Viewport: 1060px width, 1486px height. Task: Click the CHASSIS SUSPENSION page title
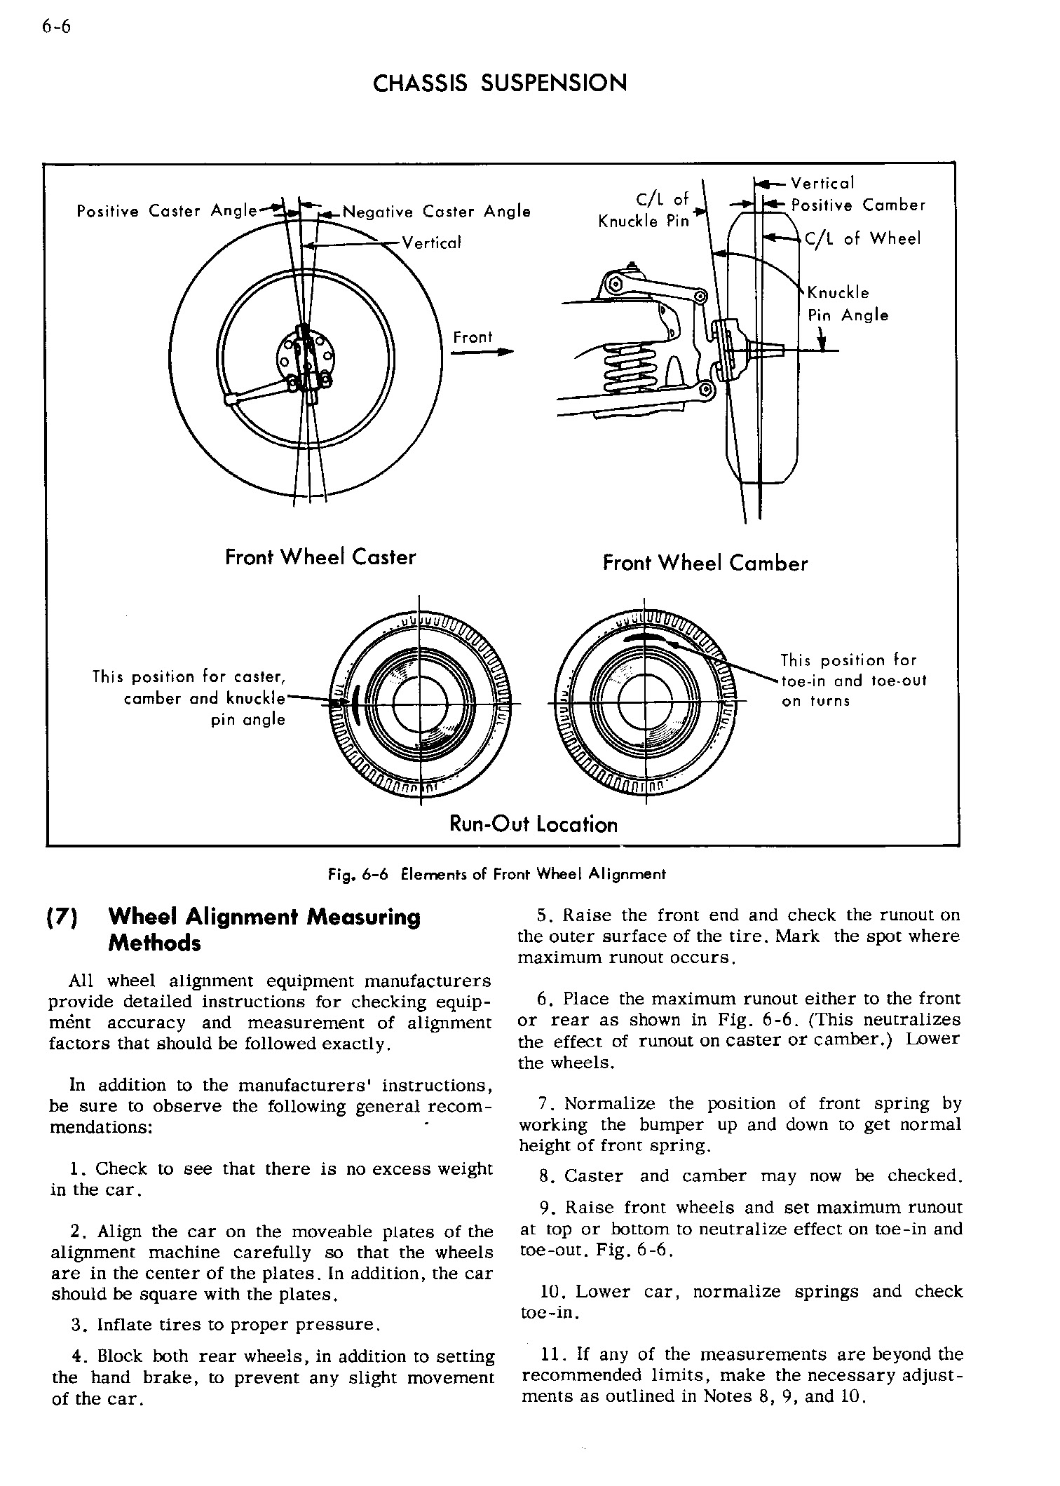click(x=500, y=84)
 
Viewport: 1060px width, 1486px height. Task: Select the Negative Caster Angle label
click(x=436, y=212)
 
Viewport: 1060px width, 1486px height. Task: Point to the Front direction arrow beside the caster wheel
click(x=480, y=352)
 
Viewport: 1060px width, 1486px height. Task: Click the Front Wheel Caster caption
click(x=320, y=558)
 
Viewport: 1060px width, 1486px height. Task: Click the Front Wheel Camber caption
click(x=705, y=564)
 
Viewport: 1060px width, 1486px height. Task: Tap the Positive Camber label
click(x=858, y=205)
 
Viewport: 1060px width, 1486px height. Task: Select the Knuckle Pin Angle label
click(x=848, y=304)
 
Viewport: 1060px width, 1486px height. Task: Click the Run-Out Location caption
click(x=534, y=824)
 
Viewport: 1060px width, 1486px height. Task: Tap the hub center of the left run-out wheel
click(x=419, y=704)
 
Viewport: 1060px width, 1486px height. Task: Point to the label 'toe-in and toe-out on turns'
click(x=853, y=681)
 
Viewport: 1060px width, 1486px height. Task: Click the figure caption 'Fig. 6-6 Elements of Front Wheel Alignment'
click(x=497, y=874)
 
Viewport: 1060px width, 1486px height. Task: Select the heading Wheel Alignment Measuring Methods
click(x=265, y=929)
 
